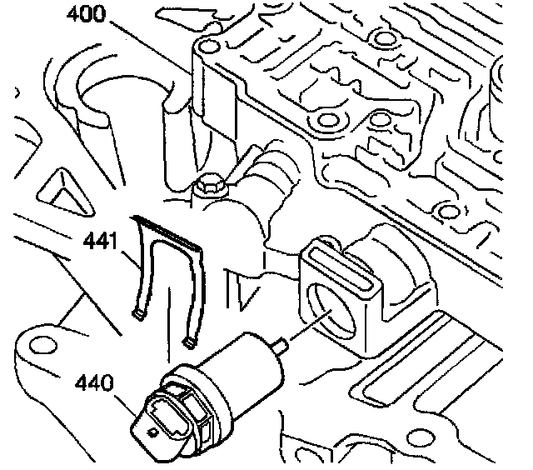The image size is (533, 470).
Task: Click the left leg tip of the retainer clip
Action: tap(140, 313)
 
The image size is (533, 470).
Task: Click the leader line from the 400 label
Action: tap(150, 37)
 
